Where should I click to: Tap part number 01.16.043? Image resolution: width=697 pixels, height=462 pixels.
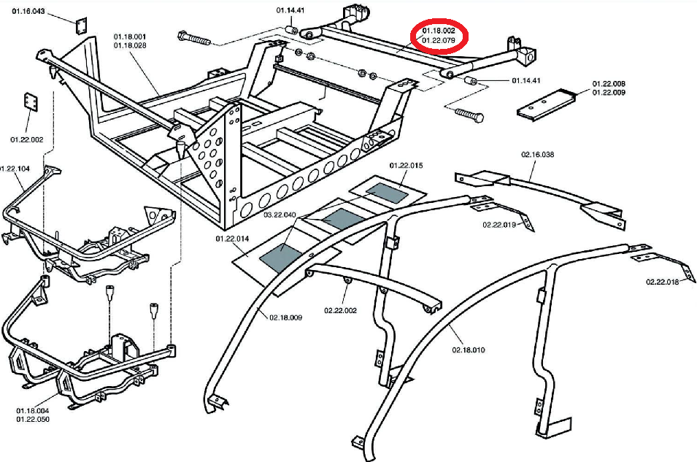pyautogui.click(x=29, y=12)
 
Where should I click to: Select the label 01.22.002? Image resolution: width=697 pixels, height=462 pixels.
pyautogui.click(x=27, y=139)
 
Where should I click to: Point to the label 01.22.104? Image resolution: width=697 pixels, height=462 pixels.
pyautogui.click(x=15, y=169)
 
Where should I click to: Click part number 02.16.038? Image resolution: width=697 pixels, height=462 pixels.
pyautogui.click(x=538, y=155)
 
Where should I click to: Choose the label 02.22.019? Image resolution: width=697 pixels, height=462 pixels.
pyautogui.click(x=498, y=225)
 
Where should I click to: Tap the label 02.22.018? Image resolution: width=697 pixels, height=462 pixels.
pyautogui.click(x=662, y=282)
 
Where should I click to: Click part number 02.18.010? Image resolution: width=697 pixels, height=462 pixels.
pyautogui.click(x=468, y=350)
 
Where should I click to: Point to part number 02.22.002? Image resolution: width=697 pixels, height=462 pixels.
pyautogui.click(x=340, y=310)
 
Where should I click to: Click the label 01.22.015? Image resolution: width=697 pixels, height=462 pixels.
pyautogui.click(x=406, y=166)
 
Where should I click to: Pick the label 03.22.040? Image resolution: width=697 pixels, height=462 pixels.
pyautogui.click(x=280, y=215)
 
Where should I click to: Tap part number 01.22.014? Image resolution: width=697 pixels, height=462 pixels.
pyautogui.click(x=232, y=239)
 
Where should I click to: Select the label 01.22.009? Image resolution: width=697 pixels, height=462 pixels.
pyautogui.click(x=609, y=93)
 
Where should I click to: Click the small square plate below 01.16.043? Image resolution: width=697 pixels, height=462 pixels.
pyautogui.click(x=81, y=25)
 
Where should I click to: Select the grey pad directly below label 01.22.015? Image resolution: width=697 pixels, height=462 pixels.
pyautogui.click(x=390, y=192)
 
